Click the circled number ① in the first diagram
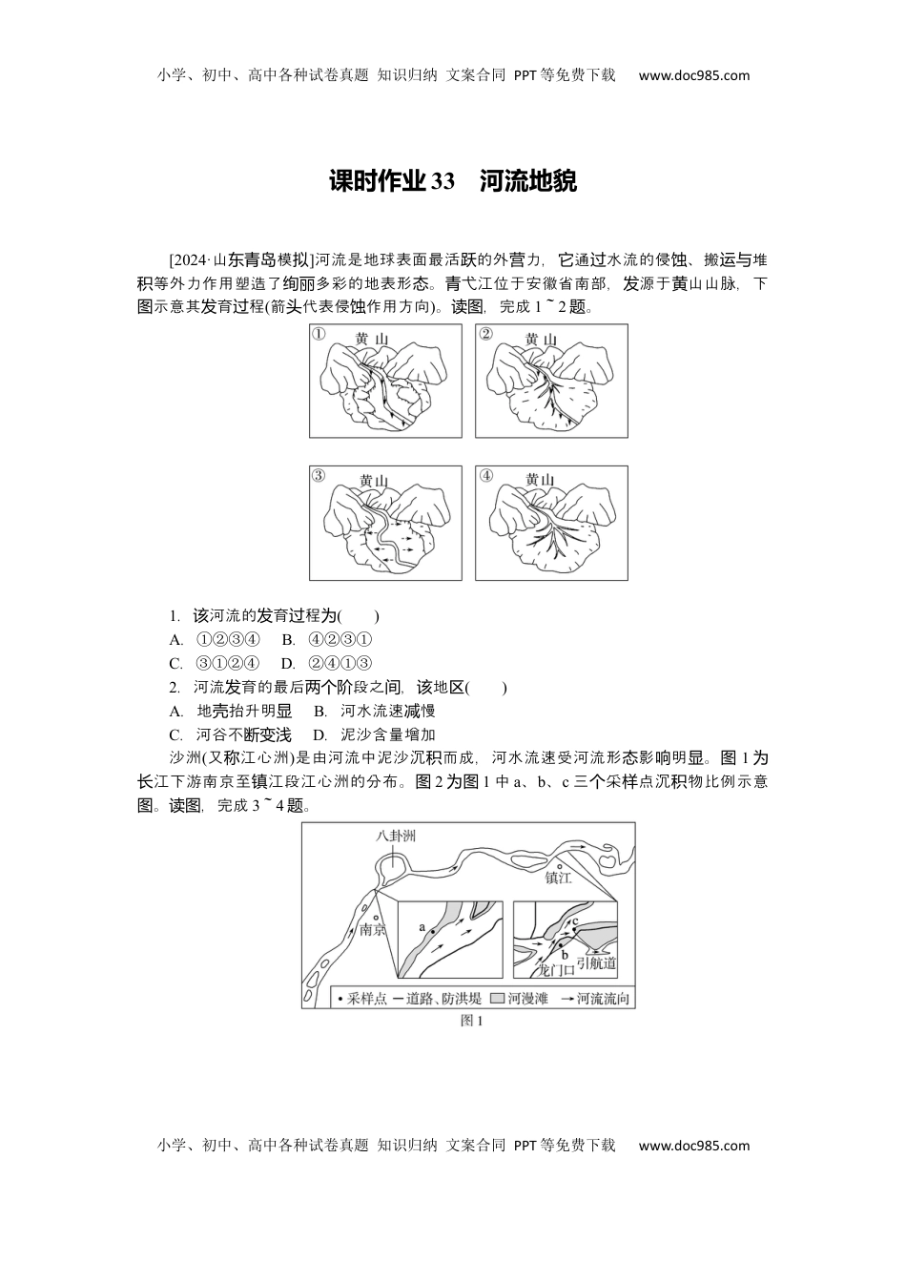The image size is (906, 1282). point(319,335)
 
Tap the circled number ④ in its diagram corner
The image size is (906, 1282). point(486,476)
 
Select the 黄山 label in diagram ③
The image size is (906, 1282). point(375,480)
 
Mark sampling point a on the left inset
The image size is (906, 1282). point(430,930)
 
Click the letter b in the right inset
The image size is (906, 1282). point(565,954)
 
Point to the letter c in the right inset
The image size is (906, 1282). point(576,920)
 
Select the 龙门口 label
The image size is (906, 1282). point(557,970)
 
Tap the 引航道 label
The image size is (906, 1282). point(597,963)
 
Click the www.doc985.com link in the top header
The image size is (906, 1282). point(693,75)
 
